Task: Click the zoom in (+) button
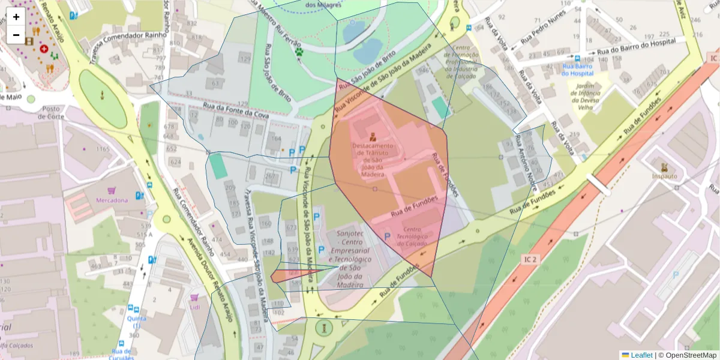tap(16, 17)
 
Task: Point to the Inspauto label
tap(664, 176)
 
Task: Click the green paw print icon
tap(299, 53)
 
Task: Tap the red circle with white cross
tap(44, 48)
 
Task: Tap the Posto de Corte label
tap(50, 112)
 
